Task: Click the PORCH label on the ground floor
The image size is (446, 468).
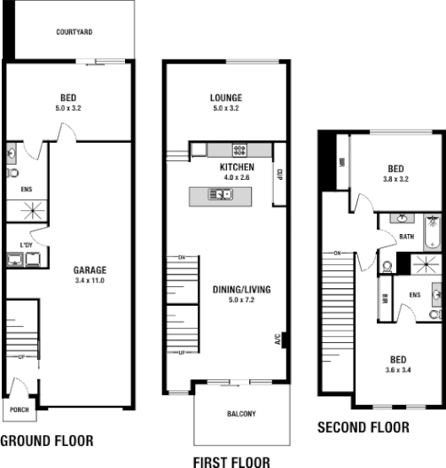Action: (x=19, y=409)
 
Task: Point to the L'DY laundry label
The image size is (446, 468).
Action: (x=25, y=246)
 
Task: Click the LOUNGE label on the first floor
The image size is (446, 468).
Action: (x=226, y=97)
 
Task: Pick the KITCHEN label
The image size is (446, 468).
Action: (x=236, y=167)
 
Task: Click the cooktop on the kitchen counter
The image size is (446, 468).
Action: (x=239, y=149)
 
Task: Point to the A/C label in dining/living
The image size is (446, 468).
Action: (x=277, y=339)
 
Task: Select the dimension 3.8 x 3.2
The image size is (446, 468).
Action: (x=395, y=178)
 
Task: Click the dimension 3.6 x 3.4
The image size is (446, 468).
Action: (x=399, y=369)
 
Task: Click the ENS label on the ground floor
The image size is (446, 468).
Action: (x=25, y=188)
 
